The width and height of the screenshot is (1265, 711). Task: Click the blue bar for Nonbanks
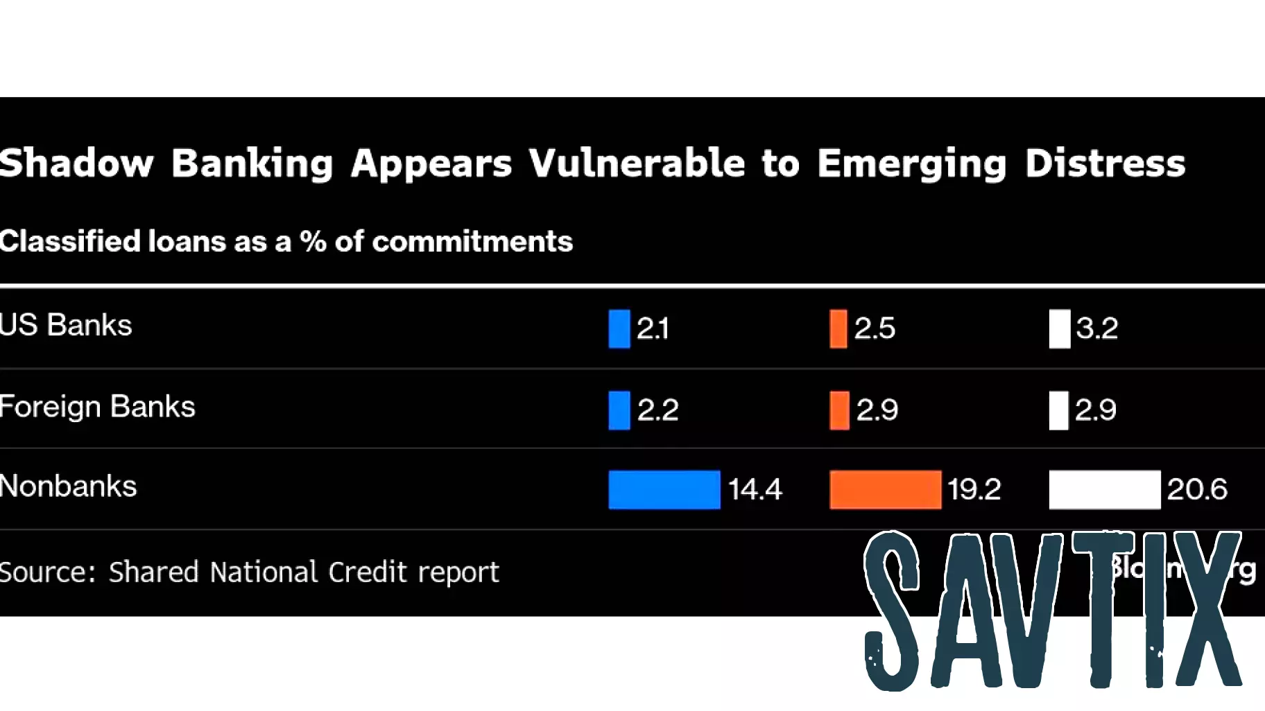664,489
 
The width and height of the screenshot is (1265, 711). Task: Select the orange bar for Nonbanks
885,489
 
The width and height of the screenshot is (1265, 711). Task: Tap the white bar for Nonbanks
1104,489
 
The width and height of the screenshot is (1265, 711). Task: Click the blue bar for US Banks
619,328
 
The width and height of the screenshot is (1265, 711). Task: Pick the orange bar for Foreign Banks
839,410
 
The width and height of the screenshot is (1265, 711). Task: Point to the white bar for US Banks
1059,328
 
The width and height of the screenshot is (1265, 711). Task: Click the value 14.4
755,489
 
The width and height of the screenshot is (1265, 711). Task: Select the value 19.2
974,489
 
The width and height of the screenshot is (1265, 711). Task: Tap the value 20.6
1197,489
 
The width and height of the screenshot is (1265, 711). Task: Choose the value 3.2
1097,328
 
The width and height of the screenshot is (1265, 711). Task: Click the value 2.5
875,328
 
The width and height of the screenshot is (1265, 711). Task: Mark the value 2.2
657,410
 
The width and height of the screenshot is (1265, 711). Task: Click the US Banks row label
66,326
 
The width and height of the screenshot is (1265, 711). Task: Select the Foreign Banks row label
97,407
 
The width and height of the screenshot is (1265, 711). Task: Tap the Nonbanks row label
68,486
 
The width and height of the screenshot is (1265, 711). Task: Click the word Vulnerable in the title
636,164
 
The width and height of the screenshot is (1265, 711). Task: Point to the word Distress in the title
1105,164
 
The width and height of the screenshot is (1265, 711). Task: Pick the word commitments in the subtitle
472,242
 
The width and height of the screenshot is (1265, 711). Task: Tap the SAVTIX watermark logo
1053,610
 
